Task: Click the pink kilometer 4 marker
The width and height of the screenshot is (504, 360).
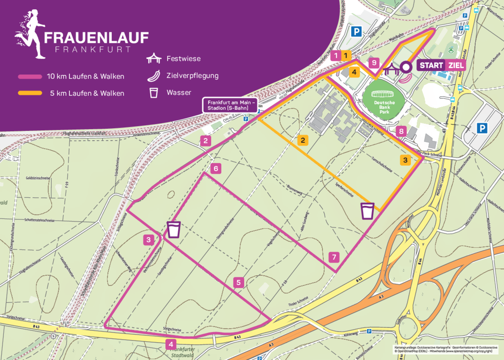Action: [x=171, y=344]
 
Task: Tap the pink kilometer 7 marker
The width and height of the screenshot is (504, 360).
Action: [x=334, y=257]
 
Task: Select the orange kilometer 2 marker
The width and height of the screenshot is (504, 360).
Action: [x=303, y=140]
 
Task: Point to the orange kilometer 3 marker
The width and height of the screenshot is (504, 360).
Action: [x=405, y=160]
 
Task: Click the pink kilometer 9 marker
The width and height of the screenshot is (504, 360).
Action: [x=373, y=62]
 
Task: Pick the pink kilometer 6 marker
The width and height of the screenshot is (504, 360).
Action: [x=215, y=169]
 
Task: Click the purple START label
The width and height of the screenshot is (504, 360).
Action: [x=431, y=65]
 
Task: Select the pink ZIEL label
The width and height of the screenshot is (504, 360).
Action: [x=455, y=65]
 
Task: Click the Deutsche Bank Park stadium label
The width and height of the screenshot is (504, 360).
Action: [x=384, y=107]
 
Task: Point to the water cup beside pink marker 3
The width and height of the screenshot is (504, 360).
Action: [x=174, y=229]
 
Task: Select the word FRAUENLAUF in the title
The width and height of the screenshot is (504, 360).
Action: [x=96, y=38]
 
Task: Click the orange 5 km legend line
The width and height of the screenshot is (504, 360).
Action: [x=30, y=93]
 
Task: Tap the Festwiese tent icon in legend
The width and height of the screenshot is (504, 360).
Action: [x=154, y=58]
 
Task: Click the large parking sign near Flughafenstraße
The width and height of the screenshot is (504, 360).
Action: [x=356, y=31]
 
